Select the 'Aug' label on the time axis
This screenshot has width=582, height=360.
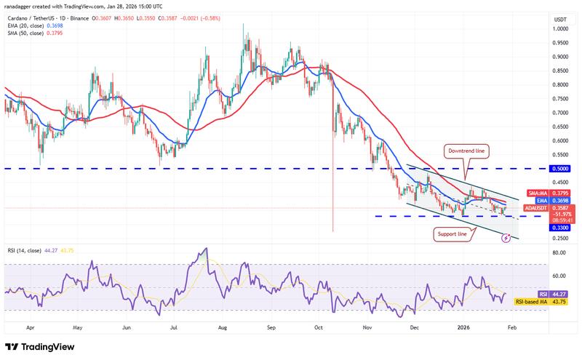tap(223, 327)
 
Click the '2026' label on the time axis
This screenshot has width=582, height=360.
tap(463, 327)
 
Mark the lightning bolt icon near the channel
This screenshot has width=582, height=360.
tap(506, 237)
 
